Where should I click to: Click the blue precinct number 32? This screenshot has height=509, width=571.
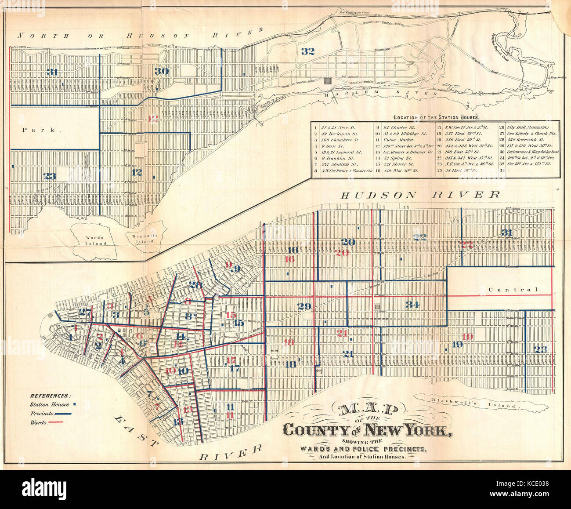[x=307, y=51]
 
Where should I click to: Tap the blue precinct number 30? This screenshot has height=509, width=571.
[x=162, y=71]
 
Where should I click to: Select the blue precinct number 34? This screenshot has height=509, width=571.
[x=412, y=305]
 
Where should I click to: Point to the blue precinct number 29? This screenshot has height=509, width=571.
[x=304, y=306]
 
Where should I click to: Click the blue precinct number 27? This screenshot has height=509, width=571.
[x=85, y=313]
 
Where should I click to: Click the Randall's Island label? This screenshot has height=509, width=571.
[x=147, y=238]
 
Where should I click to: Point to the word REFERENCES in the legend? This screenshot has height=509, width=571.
[x=51, y=396]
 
